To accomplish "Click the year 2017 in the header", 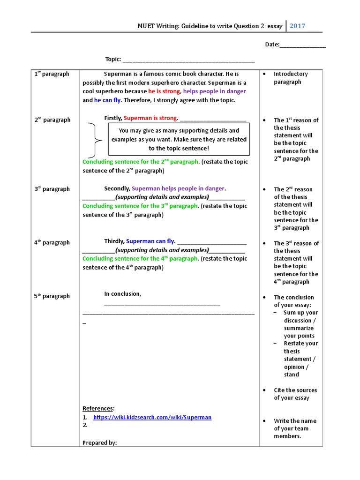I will coord(297,26).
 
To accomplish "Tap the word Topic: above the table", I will coord(113,59).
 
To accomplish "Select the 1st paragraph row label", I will coord(52,74).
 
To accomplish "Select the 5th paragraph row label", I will coord(52,296).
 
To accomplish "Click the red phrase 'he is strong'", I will coord(164,91).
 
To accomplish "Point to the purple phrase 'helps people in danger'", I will coord(214,91).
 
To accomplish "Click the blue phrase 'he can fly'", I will coord(107,100).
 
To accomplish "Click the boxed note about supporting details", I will coord(179,139).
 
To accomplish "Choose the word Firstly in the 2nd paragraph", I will coord(113,118).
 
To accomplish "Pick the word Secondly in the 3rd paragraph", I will coord(117,188).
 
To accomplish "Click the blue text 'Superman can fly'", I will coord(150,241).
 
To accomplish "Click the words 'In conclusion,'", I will coord(122,294).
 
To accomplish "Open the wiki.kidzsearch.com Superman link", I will coord(152,417).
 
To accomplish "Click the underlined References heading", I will coord(98,408).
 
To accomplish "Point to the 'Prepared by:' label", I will coord(99,442).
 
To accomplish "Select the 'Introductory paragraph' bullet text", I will coord(291,78).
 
